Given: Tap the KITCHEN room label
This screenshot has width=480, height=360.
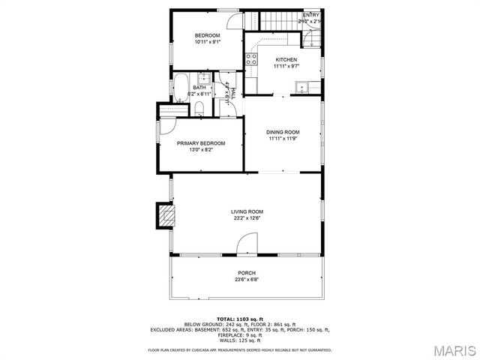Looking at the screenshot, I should coord(286,60).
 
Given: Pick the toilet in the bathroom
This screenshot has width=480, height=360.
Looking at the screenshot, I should coord(197,109).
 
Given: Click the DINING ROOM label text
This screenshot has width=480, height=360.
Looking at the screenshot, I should coord(283,132).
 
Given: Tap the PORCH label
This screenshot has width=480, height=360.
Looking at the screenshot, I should coord(247,273).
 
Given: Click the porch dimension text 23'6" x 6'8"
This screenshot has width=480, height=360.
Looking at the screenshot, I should coord(247,280).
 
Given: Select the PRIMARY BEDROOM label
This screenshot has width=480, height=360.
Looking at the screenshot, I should coord(201,143).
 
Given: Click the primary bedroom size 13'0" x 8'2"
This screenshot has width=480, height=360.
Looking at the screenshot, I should coord(201,150).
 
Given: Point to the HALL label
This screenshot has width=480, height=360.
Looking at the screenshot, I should coord(232,91).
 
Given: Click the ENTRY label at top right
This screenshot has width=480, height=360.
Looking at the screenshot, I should coord(310,15).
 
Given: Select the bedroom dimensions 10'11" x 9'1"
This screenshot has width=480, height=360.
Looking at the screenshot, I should coord(208,42).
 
